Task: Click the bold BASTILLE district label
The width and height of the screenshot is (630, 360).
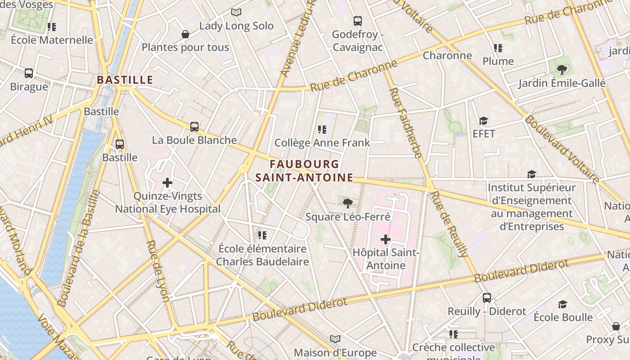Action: click(x=125, y=80)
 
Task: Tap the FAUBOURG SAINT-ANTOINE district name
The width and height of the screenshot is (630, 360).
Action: click(x=304, y=171)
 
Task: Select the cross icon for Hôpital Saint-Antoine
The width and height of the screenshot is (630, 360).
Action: click(x=386, y=239)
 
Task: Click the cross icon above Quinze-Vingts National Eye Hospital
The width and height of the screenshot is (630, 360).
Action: click(x=167, y=183)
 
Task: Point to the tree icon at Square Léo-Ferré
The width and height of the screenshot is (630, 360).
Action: click(x=347, y=203)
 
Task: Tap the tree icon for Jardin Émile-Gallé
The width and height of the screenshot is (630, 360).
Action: click(x=562, y=70)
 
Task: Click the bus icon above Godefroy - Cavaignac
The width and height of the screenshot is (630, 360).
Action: click(x=358, y=21)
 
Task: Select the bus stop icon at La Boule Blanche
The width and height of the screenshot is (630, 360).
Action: click(x=194, y=127)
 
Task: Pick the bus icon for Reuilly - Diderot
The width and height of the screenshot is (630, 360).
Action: click(x=487, y=298)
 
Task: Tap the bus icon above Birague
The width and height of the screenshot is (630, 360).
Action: click(x=29, y=73)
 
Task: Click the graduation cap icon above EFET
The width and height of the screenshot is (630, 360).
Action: click(x=484, y=121)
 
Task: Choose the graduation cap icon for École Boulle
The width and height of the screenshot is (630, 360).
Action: click(x=563, y=305)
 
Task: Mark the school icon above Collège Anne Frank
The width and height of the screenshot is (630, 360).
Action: click(x=322, y=130)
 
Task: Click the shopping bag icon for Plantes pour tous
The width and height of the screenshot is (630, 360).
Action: click(x=185, y=34)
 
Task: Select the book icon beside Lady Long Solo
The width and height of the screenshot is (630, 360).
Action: click(x=236, y=13)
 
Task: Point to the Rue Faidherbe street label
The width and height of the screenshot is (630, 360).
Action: click(x=405, y=122)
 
